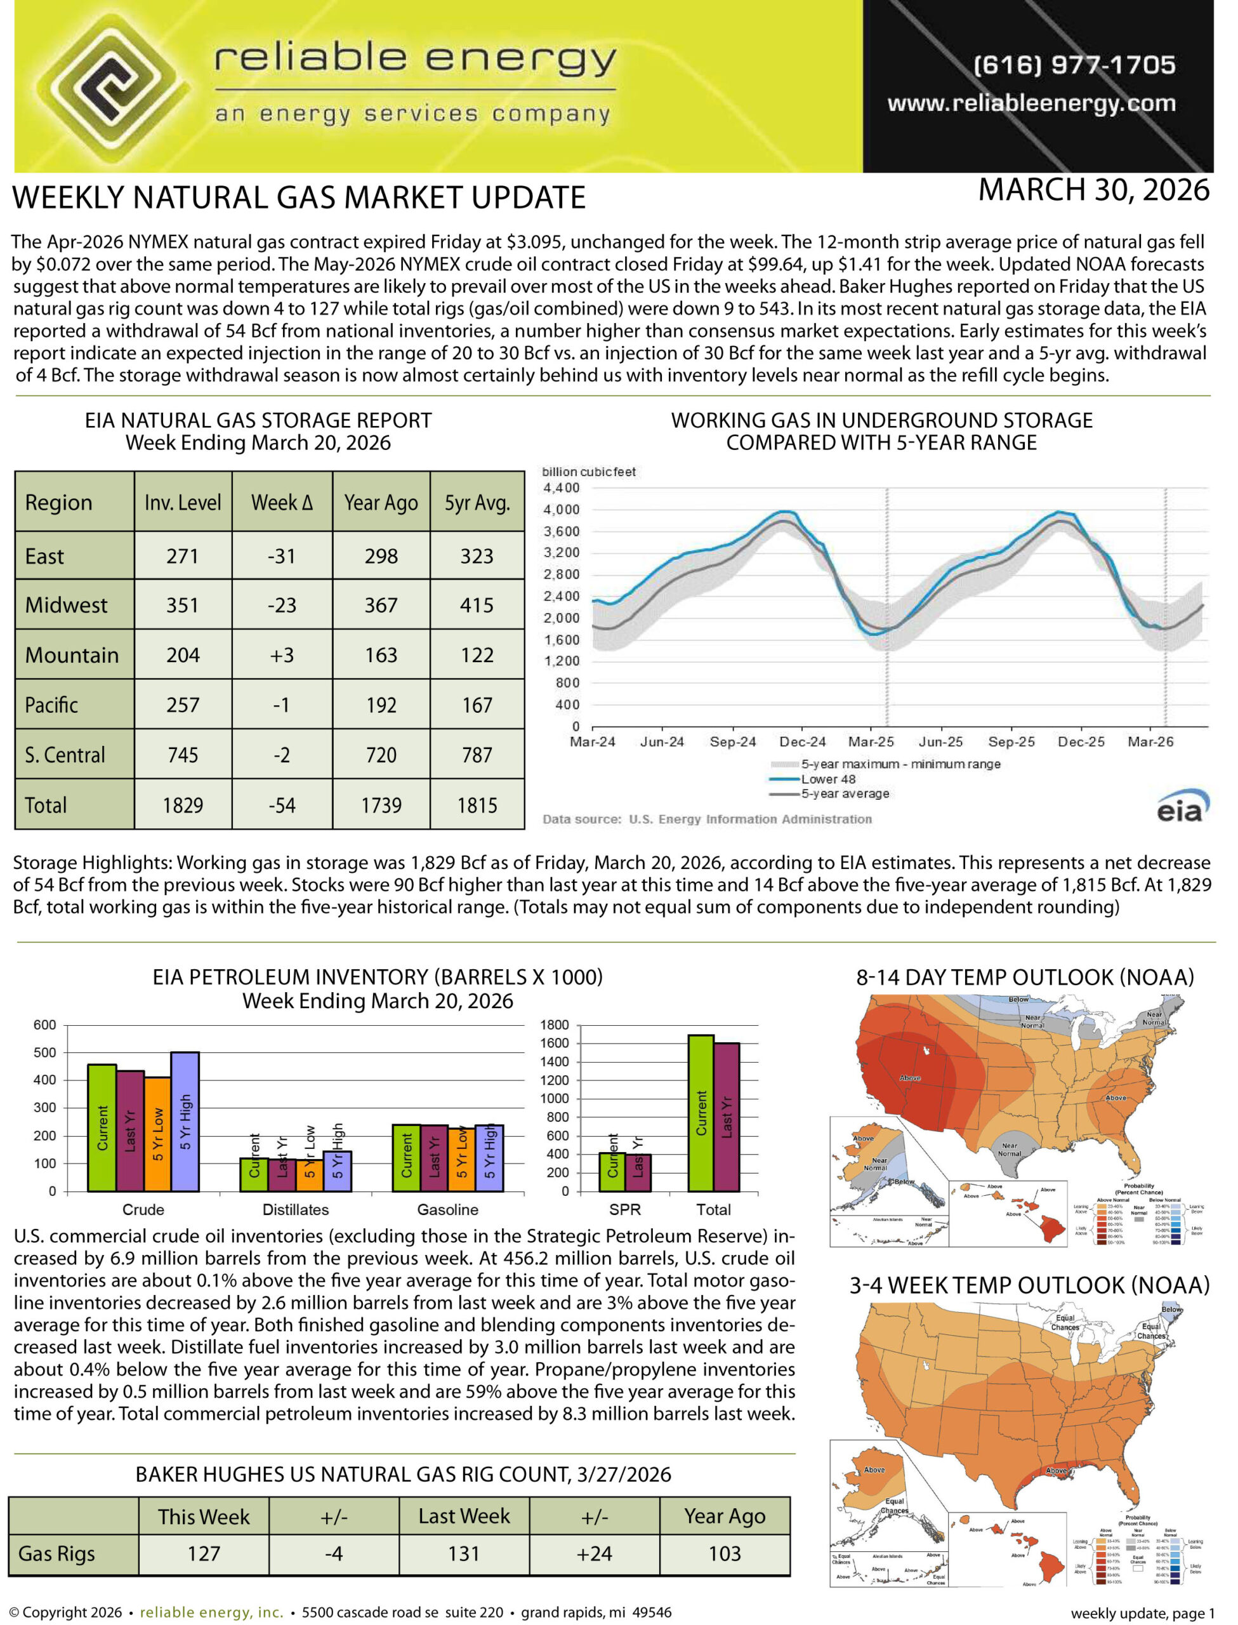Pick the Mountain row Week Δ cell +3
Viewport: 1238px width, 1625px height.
pos(282,655)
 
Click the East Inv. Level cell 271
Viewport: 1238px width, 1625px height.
pos(182,557)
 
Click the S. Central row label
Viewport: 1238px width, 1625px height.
pos(65,755)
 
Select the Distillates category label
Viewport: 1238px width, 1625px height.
pos(296,1210)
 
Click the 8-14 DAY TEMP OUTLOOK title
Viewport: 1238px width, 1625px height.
pos(1024,978)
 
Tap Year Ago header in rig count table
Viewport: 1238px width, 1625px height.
pos(725,1516)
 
